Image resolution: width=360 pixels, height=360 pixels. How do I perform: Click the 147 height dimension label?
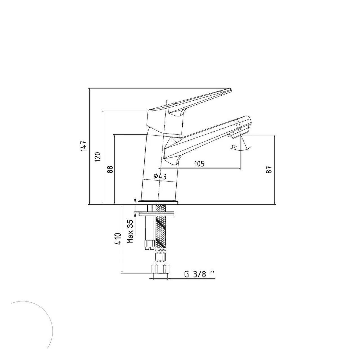click(84, 147)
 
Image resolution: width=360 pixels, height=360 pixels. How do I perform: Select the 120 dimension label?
click(98, 157)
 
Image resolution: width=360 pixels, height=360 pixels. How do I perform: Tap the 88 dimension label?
click(110, 169)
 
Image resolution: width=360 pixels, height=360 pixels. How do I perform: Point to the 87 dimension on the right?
click(269, 169)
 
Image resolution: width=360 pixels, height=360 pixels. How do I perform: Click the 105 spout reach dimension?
click(199, 164)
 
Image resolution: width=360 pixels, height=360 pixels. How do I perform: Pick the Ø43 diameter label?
click(160, 176)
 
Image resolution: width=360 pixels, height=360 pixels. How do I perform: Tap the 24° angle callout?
click(234, 147)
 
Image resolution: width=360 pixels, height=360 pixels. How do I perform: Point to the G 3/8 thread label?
click(200, 274)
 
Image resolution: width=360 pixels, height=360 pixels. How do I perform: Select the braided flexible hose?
click(161, 228)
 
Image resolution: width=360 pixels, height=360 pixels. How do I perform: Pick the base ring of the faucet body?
click(158, 202)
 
